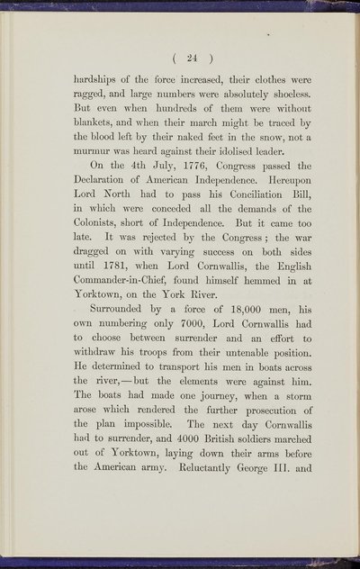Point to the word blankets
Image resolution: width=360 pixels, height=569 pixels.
tap(97, 146)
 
